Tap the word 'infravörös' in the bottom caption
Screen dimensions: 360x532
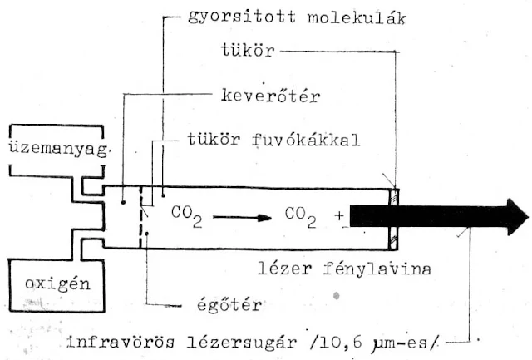tap(116, 342)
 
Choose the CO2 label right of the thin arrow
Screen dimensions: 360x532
tap(301, 215)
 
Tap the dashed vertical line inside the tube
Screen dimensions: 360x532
tap(142, 217)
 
